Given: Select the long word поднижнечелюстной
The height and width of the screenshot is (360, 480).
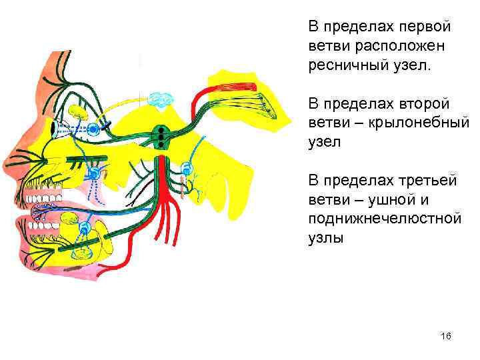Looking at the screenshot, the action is click(x=384, y=219).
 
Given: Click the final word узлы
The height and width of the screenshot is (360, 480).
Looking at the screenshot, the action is click(x=326, y=239).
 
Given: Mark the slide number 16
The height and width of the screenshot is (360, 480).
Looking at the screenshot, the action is click(x=446, y=337).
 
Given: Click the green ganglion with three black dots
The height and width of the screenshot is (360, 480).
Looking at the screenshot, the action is click(x=160, y=135).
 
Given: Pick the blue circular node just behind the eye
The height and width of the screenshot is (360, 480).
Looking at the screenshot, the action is click(x=95, y=127).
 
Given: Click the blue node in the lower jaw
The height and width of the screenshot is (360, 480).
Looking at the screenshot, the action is click(x=85, y=227).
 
